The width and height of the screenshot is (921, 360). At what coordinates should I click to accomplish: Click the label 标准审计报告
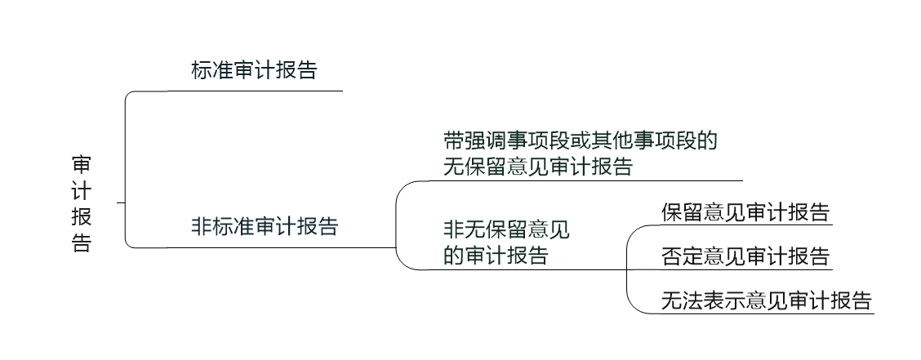click(x=254, y=70)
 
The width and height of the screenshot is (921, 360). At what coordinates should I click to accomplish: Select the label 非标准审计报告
click(x=265, y=226)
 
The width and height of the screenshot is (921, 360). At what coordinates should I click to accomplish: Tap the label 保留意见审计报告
click(x=745, y=212)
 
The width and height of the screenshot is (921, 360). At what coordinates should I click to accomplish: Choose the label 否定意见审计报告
click(x=745, y=256)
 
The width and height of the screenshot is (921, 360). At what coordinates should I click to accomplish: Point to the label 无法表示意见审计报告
click(x=767, y=300)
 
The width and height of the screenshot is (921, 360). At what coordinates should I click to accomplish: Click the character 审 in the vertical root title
click(x=82, y=165)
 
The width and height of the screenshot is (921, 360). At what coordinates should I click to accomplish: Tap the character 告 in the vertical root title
click(x=82, y=242)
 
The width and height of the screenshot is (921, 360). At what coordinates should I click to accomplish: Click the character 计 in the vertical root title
click(x=82, y=191)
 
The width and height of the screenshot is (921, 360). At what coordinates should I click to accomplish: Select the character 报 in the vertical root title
click(x=82, y=216)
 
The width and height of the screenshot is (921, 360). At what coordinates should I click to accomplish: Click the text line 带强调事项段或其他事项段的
click(x=581, y=141)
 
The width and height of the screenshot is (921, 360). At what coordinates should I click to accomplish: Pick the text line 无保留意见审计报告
click(x=538, y=167)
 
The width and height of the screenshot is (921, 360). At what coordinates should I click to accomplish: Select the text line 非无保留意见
click(x=506, y=229)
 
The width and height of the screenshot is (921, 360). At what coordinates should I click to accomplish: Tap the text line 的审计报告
click(x=496, y=256)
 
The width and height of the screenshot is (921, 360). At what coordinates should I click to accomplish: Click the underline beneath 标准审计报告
click(x=254, y=91)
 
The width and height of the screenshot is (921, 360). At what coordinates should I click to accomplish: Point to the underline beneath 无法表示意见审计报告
click(x=767, y=313)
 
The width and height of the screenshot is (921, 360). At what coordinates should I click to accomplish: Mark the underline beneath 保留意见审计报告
click(x=745, y=225)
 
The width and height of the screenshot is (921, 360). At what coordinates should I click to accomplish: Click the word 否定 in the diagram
click(x=682, y=256)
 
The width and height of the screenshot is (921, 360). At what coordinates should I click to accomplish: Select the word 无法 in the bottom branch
click(x=682, y=300)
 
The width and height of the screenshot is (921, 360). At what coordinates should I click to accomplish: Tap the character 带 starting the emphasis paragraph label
click(x=454, y=141)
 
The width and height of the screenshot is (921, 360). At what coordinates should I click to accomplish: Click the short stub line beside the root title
click(x=121, y=202)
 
